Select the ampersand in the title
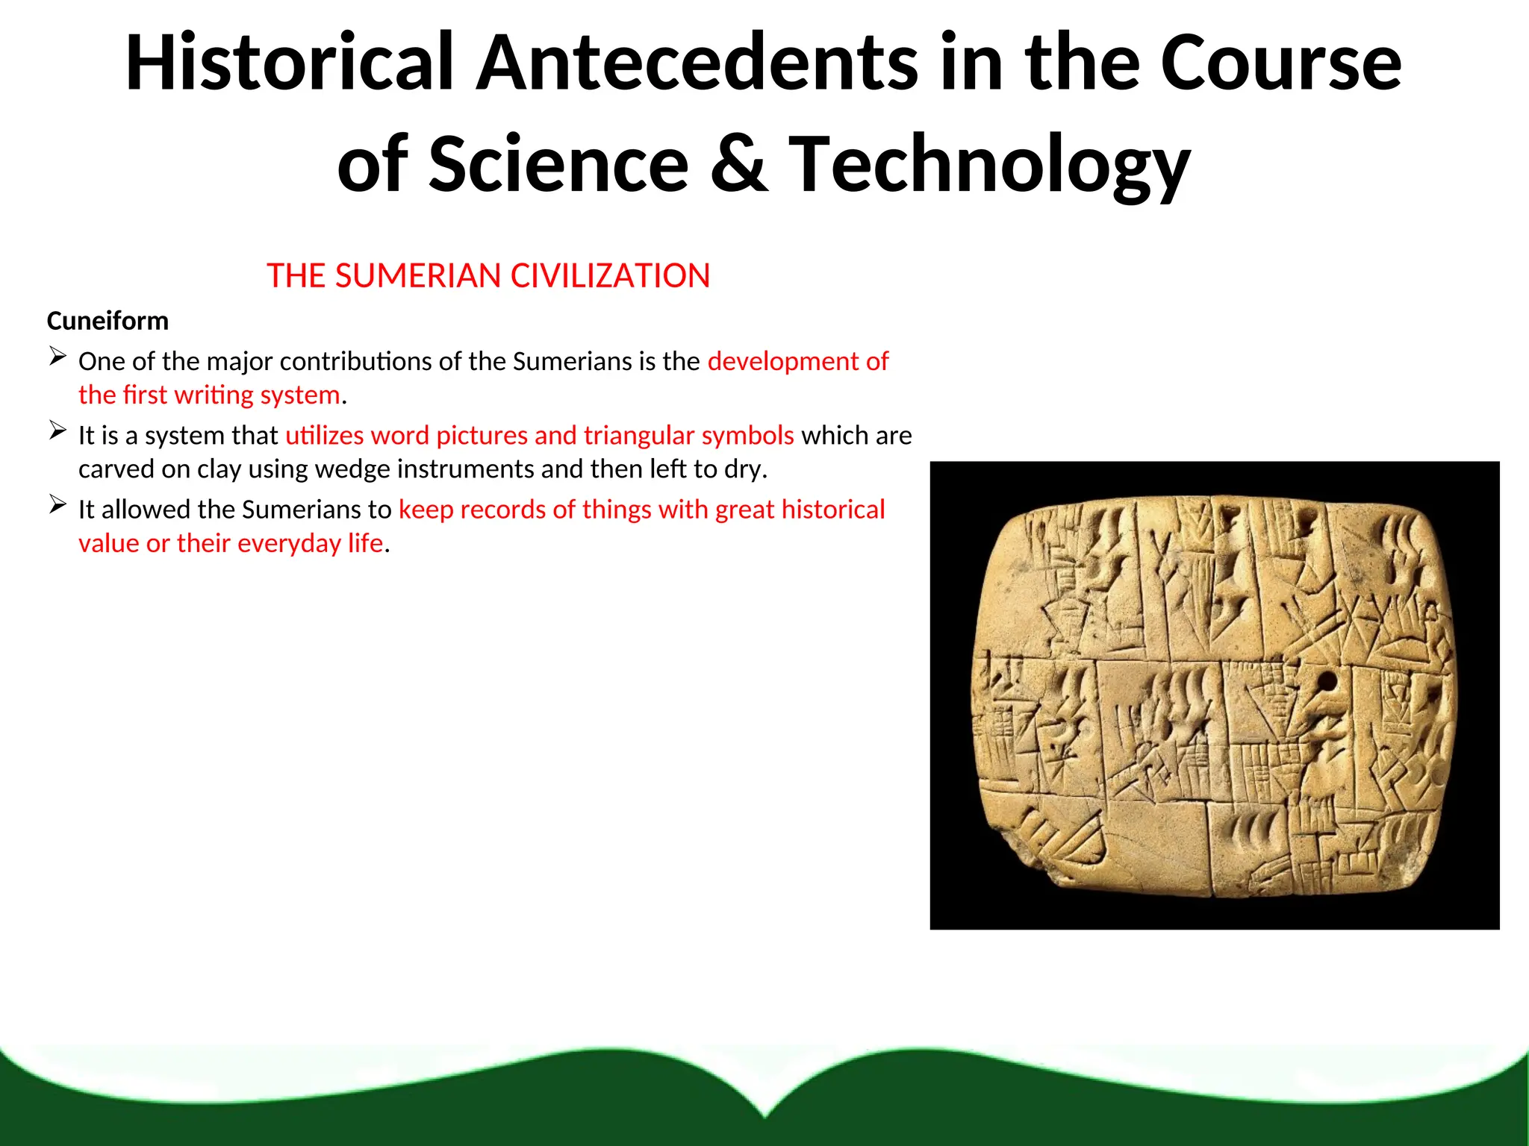[738, 163]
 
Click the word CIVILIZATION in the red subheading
[610, 276]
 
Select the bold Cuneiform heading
[108, 321]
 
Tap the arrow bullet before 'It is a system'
[58, 430]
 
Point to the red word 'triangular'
[638, 436]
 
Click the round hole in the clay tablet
[1327, 681]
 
